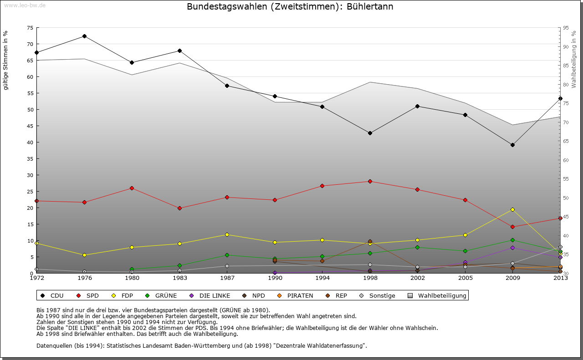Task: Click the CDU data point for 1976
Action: point(84,36)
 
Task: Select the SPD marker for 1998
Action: point(370,181)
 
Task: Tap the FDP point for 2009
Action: point(512,209)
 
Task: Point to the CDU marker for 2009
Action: point(512,145)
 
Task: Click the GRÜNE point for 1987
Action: point(227,255)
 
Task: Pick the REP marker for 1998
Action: point(370,241)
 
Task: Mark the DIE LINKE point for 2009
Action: point(512,248)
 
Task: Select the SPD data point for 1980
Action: point(132,188)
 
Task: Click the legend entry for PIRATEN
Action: point(296,296)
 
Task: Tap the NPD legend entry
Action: point(254,296)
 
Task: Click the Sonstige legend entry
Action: point(378,296)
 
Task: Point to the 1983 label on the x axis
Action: point(179,278)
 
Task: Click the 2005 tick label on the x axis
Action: point(465,278)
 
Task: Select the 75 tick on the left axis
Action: point(30,28)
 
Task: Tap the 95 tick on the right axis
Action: point(566,28)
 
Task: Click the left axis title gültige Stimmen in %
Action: point(6,60)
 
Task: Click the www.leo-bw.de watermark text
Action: point(24,5)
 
